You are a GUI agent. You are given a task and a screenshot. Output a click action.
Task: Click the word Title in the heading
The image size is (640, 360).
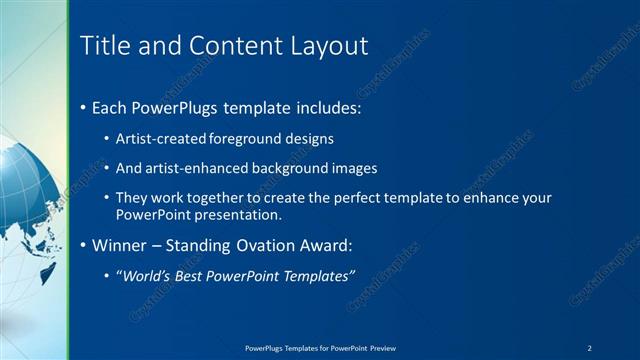(102, 46)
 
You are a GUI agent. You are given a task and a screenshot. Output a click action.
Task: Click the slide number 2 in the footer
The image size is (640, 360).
(590, 348)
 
